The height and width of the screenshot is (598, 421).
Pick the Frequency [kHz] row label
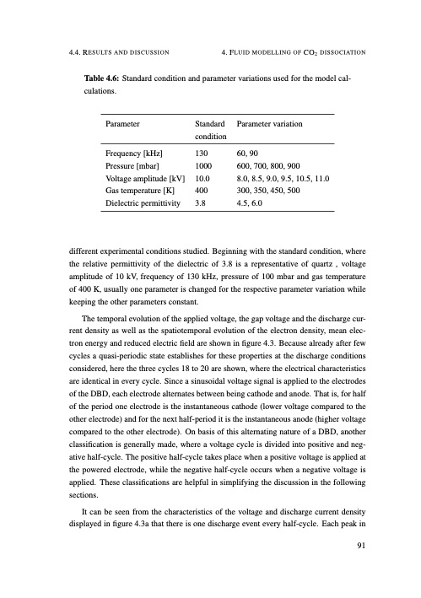click(x=133, y=154)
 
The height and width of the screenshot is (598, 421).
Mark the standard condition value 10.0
click(x=202, y=179)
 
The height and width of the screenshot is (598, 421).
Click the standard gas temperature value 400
click(x=201, y=191)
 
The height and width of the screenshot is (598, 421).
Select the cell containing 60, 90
click(x=250, y=154)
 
